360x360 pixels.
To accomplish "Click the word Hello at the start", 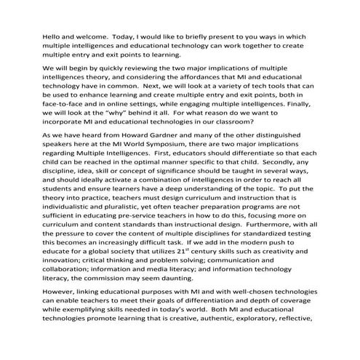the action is (x=35, y=33).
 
